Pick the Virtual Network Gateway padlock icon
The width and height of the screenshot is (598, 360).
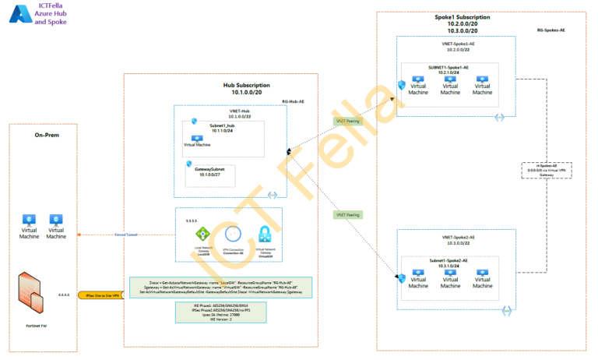click(264, 234)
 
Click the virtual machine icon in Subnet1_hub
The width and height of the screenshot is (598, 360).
click(197, 138)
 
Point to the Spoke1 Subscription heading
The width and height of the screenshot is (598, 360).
click(463, 16)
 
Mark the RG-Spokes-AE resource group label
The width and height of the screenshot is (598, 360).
click(551, 30)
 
